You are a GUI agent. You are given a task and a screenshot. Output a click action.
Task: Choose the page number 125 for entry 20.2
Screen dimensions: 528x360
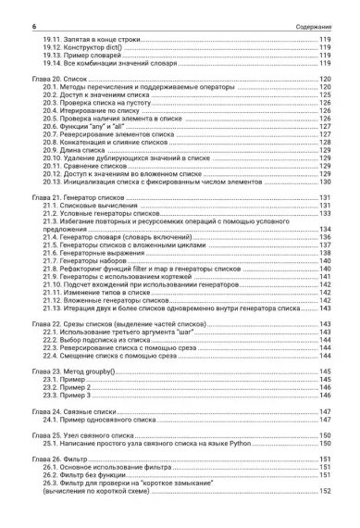[325, 96]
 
